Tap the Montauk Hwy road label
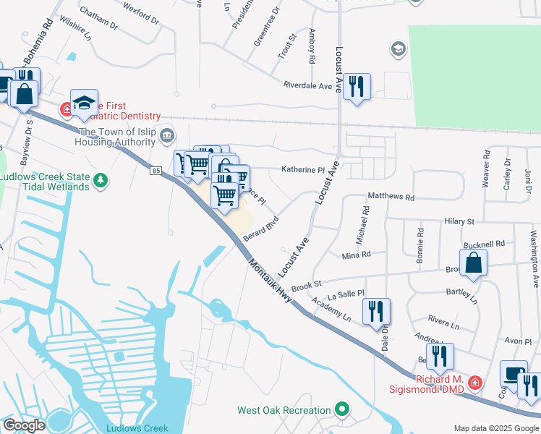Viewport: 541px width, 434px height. click(x=270, y=280)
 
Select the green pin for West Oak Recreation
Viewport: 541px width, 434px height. click(x=343, y=411)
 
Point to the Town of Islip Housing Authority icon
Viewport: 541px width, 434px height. click(x=167, y=135)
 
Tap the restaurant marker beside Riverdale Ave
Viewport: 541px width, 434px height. click(x=357, y=87)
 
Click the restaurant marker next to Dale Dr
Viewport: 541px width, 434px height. click(x=376, y=311)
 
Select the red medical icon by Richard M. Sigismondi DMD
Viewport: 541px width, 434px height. click(x=474, y=381)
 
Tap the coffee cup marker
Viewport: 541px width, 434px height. click(x=514, y=374)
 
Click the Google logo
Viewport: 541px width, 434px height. click(x=24, y=425)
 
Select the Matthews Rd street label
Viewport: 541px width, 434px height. click(x=391, y=197)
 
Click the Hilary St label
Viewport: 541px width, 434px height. click(x=459, y=221)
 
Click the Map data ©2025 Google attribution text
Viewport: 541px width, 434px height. click(x=495, y=427)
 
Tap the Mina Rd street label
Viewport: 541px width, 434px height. click(x=356, y=255)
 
